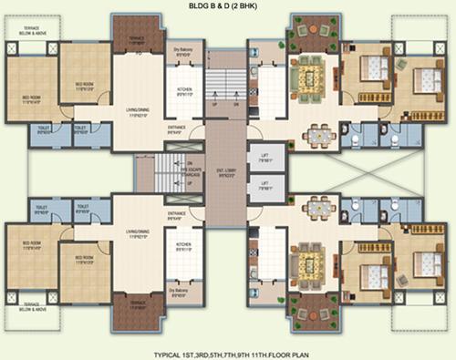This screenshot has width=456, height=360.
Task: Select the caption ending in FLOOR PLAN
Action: [x=228, y=351]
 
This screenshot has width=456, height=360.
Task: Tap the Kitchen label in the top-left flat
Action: [x=182, y=91]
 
